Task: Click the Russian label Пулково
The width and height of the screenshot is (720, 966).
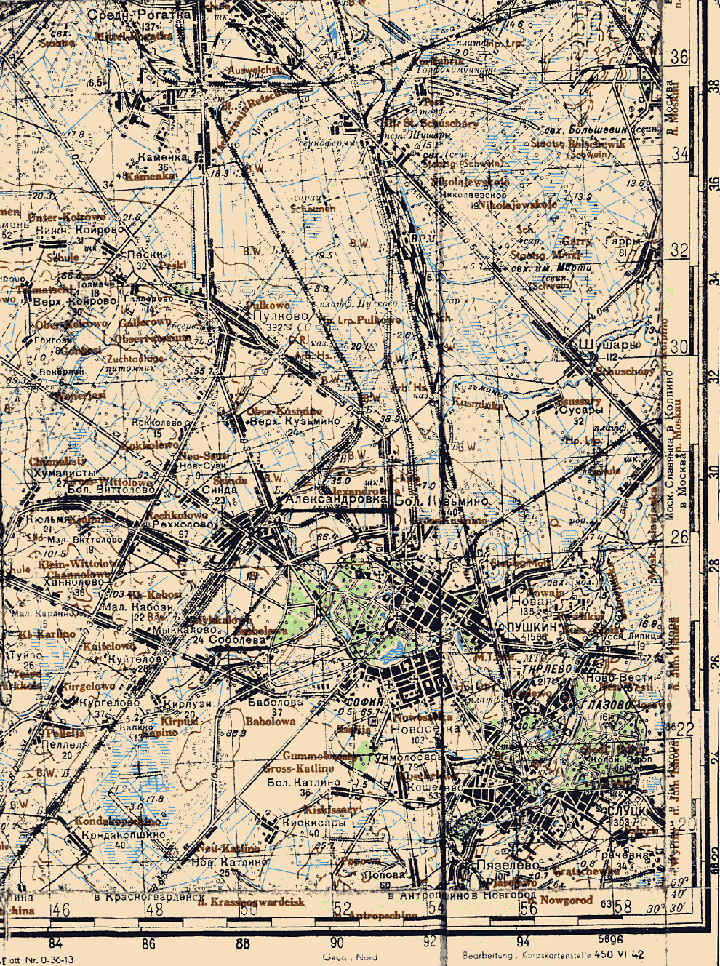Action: coord(271,318)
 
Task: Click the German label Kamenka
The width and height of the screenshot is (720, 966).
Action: coord(150,176)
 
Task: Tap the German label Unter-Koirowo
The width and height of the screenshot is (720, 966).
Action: coord(66,217)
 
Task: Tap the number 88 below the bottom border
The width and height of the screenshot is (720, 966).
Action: coord(243,945)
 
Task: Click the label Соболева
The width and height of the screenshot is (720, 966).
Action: coord(238,641)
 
